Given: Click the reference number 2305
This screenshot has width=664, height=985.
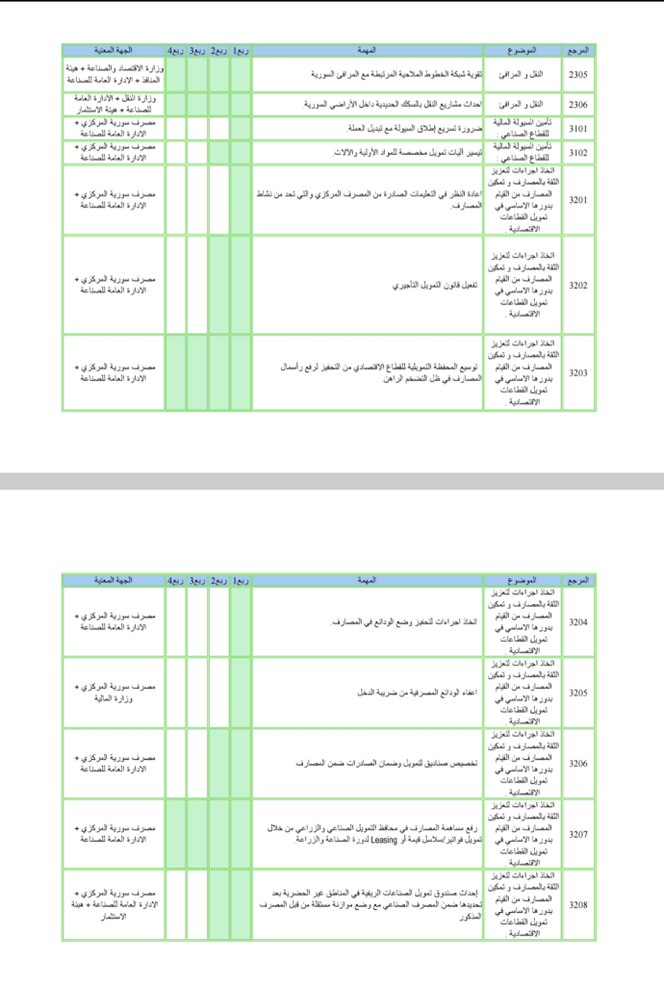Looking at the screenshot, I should click(578, 73).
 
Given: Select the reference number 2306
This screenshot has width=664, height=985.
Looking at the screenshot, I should click(578, 104).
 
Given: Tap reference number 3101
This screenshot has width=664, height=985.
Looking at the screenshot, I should click(578, 128).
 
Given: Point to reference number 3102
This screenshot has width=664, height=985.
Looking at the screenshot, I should click(578, 152).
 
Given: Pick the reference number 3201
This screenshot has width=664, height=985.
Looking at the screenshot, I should click(578, 200).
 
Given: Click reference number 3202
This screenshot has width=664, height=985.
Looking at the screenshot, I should click(578, 285).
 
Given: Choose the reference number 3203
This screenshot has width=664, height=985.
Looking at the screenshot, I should click(578, 372).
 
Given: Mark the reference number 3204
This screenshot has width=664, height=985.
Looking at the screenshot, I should click(578, 622).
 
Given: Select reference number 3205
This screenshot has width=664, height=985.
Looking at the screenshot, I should click(578, 693).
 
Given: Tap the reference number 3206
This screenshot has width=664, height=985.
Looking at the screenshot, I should click(578, 763).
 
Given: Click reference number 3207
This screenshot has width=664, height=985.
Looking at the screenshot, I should click(578, 833).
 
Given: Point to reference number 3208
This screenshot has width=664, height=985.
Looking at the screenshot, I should click(578, 904).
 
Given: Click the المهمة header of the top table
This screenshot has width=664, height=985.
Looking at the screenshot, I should click(366, 49).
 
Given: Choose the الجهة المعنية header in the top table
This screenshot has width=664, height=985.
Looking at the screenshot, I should click(114, 49).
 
